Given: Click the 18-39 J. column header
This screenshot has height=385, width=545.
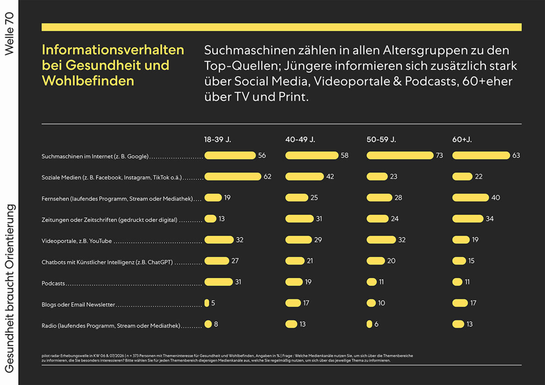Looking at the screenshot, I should pos(217,139).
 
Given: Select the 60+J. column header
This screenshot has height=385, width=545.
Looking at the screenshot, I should pos(462,139).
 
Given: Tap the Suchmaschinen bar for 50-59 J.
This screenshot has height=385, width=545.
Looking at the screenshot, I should pos(400,155).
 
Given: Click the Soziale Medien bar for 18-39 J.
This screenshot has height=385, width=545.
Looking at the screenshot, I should pos(232,176).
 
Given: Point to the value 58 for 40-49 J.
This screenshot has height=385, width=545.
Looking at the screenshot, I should pos(344,155).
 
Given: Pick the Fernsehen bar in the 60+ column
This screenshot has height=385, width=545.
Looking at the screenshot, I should pos(470,198).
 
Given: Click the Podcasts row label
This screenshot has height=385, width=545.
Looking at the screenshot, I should pos(53,284).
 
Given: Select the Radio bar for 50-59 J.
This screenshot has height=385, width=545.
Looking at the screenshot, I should pos(369,324).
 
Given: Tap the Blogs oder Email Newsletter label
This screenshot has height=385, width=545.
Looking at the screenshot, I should pos(78,305).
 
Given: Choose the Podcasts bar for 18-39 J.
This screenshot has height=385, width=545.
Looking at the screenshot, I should pos(218,282).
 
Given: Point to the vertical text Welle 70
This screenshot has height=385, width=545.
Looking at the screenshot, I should pos(9,34).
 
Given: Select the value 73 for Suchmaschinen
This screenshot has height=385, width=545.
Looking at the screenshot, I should pos(439,155).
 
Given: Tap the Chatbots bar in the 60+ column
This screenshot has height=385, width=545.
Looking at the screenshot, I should pos(459,261).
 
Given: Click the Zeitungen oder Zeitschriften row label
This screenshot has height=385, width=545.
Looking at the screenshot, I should pos(109,220).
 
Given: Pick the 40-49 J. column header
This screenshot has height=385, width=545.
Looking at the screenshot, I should pos(300,139).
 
